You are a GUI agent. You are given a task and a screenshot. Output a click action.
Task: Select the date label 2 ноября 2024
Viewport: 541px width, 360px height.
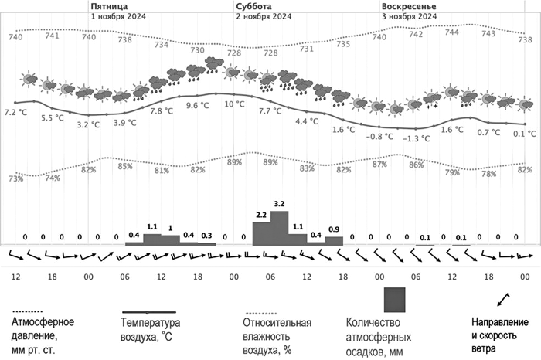[x=264, y=15]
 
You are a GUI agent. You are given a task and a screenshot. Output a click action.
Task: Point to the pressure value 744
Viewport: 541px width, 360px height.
[x=451, y=32]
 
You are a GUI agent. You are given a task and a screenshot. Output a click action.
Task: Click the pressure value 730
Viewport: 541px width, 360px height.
[x=198, y=49]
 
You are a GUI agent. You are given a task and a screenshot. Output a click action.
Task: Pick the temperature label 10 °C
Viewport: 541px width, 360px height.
[x=234, y=104]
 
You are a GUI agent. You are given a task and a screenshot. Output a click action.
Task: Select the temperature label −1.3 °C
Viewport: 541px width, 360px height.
[x=417, y=138]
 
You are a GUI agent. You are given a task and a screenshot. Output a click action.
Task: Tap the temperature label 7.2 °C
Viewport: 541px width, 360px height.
[x=15, y=113]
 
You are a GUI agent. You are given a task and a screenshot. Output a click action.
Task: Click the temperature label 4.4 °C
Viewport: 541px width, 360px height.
[x=307, y=121]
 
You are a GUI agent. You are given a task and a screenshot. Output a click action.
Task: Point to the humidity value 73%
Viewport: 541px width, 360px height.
[x=15, y=179]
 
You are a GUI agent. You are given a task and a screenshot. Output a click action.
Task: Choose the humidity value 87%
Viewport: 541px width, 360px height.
[x=379, y=165]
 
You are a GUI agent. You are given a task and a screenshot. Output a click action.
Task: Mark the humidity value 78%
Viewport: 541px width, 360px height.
[x=488, y=174]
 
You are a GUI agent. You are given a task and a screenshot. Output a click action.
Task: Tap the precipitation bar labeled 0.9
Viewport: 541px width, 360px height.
[x=334, y=240]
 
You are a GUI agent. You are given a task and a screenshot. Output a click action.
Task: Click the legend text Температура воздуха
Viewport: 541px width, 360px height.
[x=151, y=328]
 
